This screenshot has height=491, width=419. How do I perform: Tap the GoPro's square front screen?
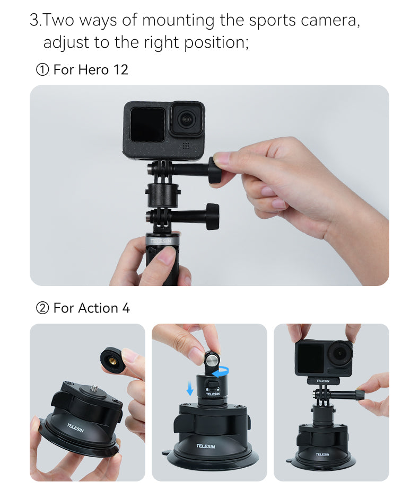147,124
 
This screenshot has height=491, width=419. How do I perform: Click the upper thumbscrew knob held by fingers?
215,169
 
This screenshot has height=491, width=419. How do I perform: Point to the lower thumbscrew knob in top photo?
212,216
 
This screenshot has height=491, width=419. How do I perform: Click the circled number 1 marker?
42,70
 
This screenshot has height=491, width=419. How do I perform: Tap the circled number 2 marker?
42,308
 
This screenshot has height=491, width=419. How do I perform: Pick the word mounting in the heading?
178,21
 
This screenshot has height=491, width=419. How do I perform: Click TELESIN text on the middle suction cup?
205,446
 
